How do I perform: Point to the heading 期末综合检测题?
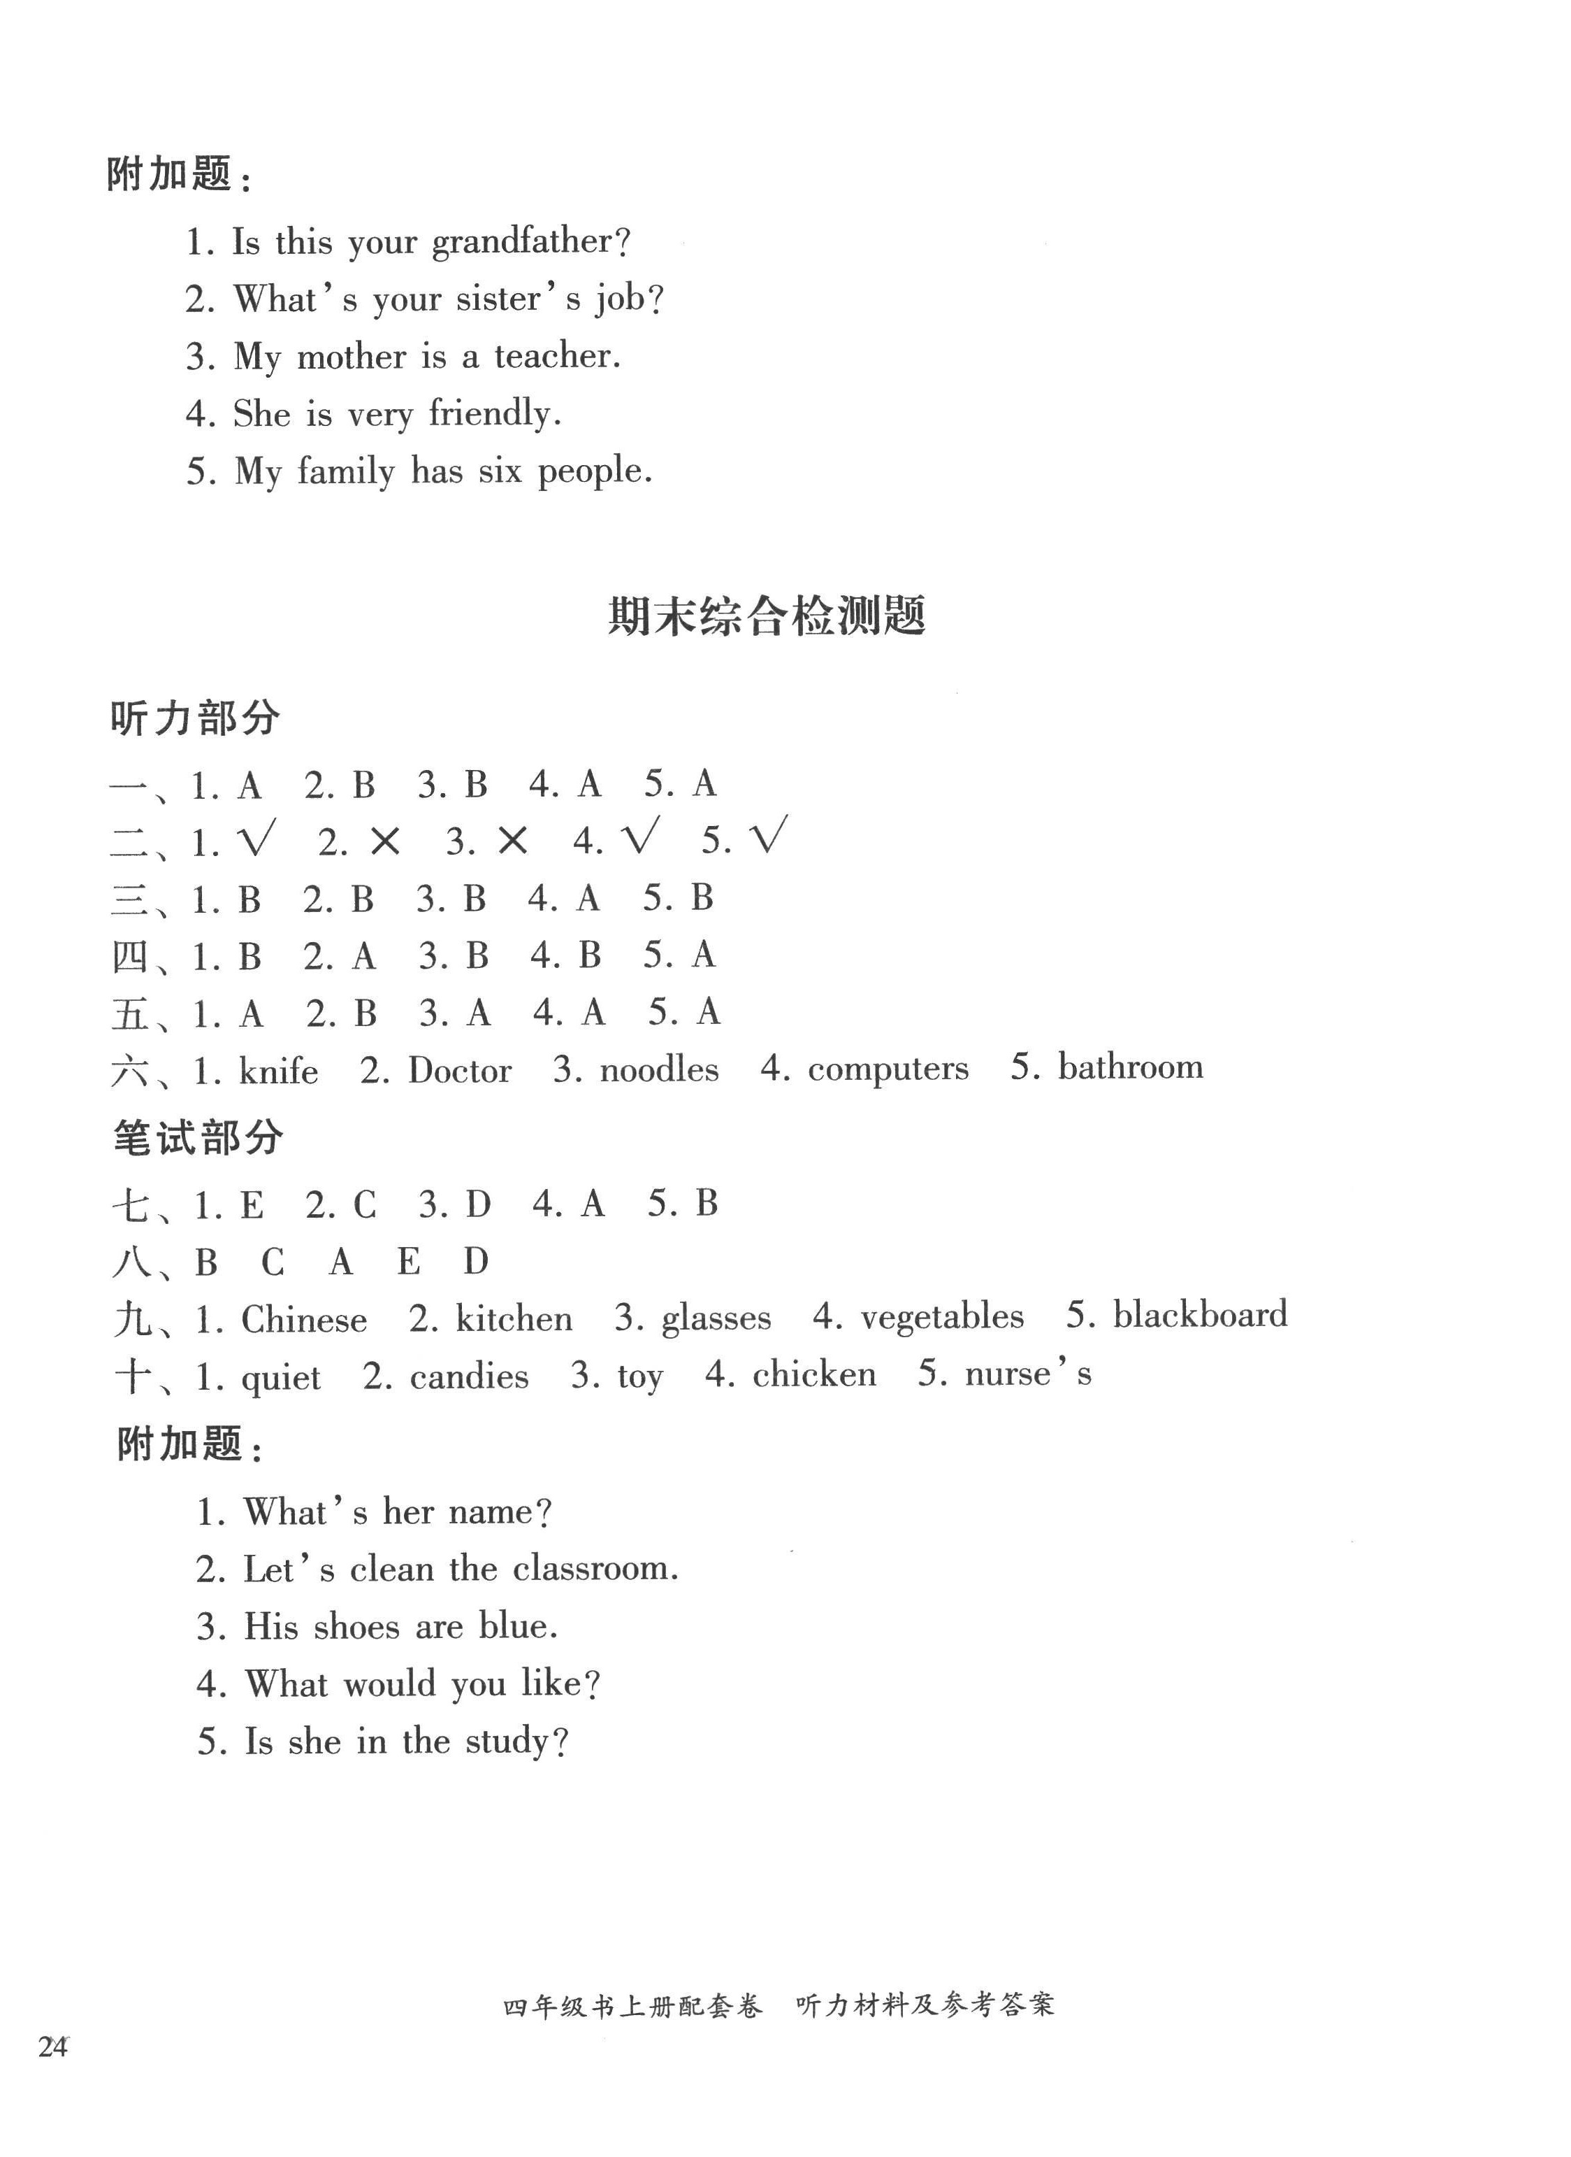coord(767,617)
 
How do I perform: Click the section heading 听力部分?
coord(195,719)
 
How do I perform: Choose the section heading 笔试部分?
coord(198,1139)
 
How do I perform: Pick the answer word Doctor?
coord(459,1072)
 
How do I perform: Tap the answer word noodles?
coord(659,1070)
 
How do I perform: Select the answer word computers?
coord(888,1069)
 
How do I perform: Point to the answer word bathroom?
coord(1130,1067)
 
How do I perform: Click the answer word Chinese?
coord(303,1320)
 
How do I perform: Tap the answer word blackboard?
coord(1200,1315)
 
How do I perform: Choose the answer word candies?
coord(469,1376)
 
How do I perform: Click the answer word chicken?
coord(814,1375)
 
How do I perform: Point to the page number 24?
coord(53,2046)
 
